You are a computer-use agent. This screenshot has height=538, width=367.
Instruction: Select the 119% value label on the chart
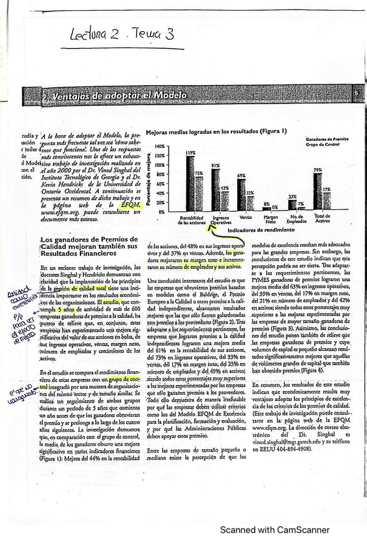point(190,152)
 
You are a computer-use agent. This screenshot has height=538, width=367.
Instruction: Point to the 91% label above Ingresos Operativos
point(216,164)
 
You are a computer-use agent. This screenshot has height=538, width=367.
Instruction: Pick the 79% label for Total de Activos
point(318,170)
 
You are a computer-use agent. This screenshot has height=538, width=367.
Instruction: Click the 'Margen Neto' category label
point(270,220)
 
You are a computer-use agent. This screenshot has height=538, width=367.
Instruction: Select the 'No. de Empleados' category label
point(295,220)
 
